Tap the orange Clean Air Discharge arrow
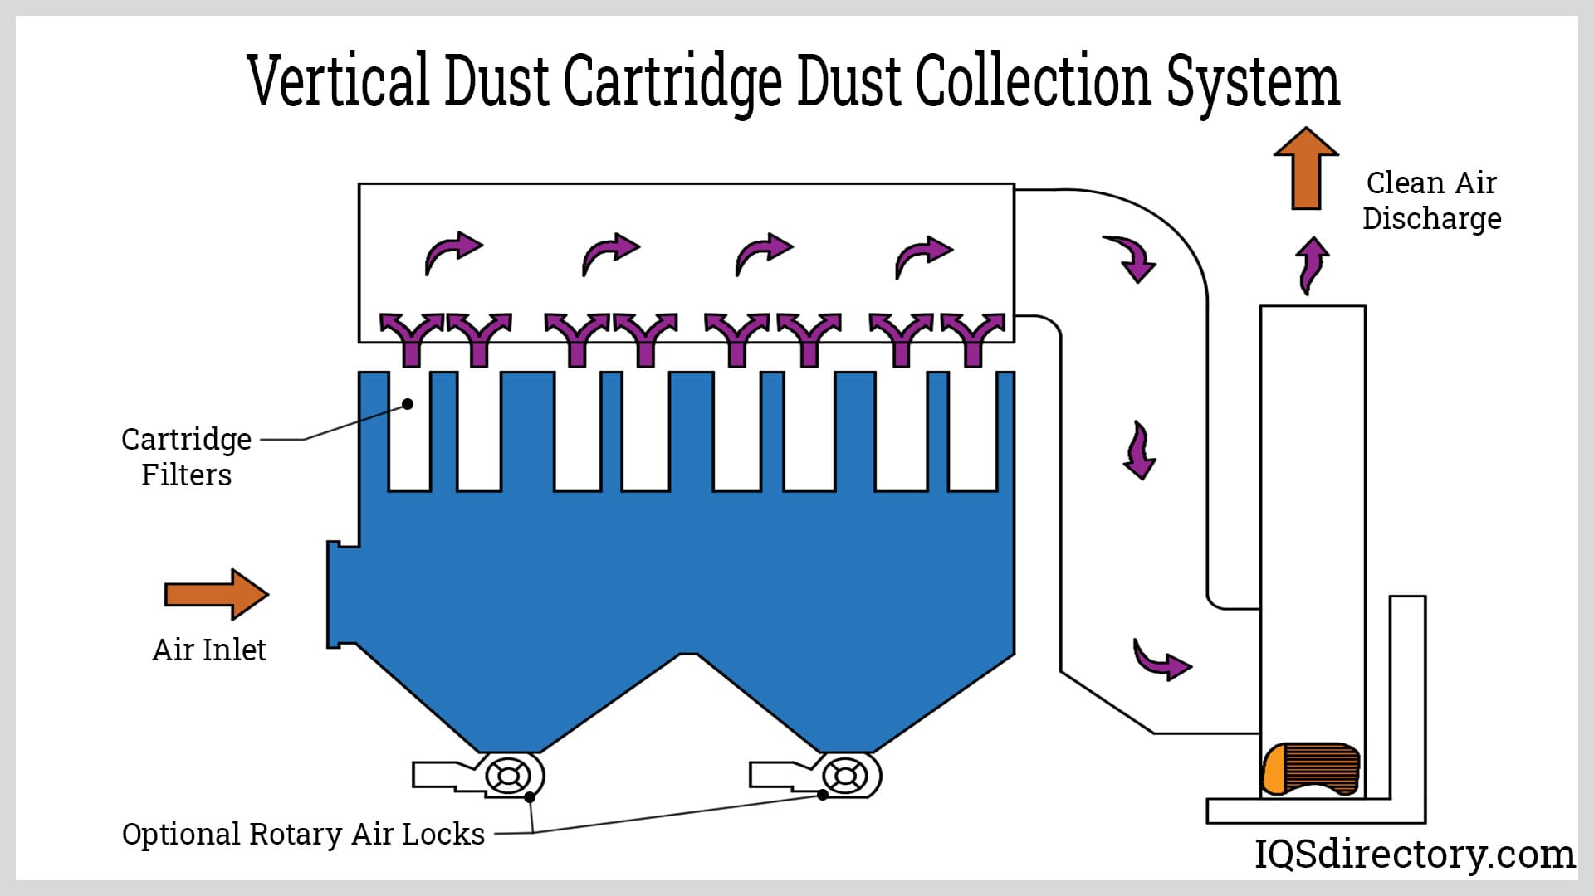click(x=1306, y=168)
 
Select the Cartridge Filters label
click(x=186, y=456)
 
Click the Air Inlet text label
click(x=209, y=650)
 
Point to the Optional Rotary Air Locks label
click(x=303, y=834)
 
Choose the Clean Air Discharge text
click(x=1431, y=201)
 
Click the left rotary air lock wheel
click(x=507, y=777)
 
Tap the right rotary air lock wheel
click(x=844, y=777)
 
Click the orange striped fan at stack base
click(x=1310, y=768)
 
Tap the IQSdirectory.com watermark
click(x=1414, y=854)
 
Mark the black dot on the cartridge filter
click(x=408, y=404)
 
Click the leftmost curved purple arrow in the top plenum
click(x=452, y=252)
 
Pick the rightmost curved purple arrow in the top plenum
click(x=922, y=256)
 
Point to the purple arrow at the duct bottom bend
click(x=1161, y=660)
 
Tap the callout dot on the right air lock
click(x=822, y=795)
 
